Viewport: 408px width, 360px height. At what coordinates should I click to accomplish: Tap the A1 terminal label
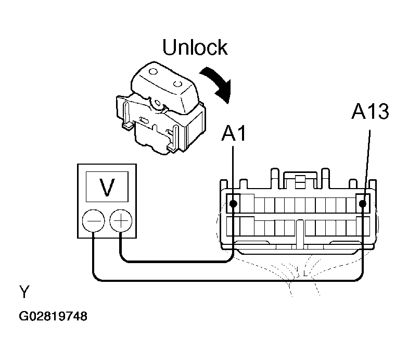click(x=233, y=133)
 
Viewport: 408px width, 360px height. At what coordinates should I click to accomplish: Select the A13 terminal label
click(x=370, y=111)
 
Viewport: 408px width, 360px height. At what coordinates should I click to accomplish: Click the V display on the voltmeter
click(x=107, y=187)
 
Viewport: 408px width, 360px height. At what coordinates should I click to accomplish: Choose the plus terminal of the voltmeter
click(x=121, y=221)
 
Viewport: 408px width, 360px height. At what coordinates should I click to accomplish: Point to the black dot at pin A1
click(x=234, y=204)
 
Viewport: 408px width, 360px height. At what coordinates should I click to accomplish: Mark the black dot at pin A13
click(x=362, y=203)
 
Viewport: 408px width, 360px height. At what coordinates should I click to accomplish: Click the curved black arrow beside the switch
click(x=219, y=83)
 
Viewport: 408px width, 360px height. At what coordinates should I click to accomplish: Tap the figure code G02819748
click(x=53, y=317)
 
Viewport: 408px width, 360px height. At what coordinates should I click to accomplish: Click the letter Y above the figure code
click(x=24, y=292)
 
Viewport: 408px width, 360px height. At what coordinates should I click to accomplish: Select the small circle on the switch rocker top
click(x=153, y=71)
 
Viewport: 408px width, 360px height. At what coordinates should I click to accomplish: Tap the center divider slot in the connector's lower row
click(x=300, y=233)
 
